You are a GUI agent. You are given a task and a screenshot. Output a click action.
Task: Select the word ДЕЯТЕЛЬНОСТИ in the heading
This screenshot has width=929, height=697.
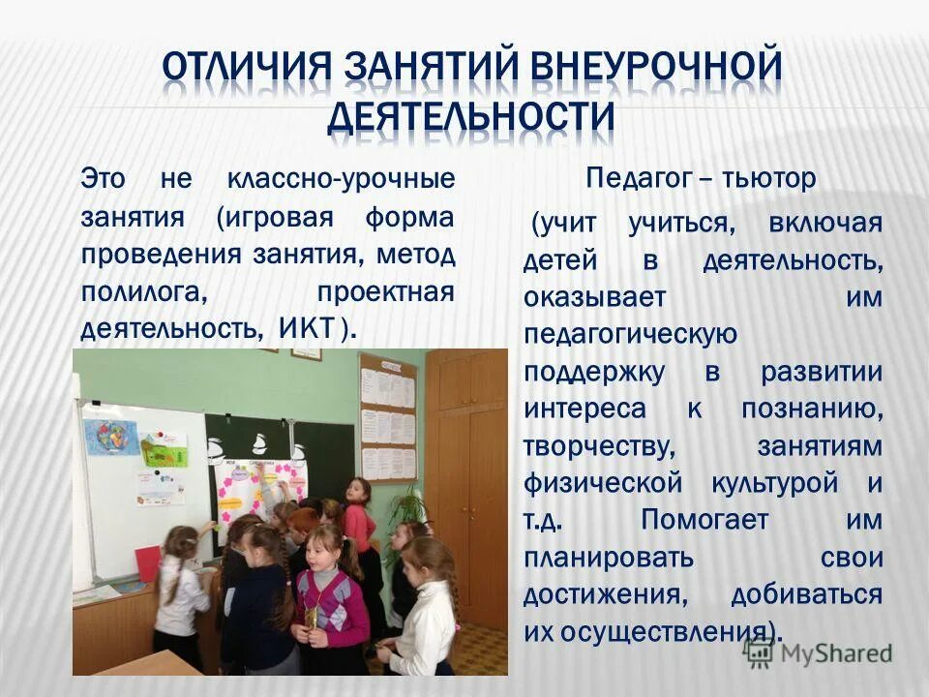tap(471, 116)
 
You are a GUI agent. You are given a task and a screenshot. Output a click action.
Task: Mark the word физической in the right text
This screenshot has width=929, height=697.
tap(585, 482)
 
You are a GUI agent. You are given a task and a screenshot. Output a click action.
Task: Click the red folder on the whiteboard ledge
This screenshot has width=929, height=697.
tap(147, 563)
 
